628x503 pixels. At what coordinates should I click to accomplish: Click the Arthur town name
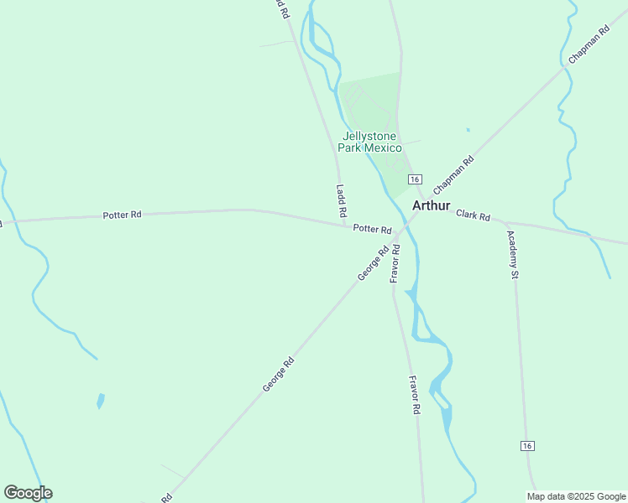(x=432, y=205)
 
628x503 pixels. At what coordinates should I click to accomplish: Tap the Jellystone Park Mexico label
(x=370, y=142)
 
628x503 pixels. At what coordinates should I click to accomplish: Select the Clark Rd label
(x=473, y=215)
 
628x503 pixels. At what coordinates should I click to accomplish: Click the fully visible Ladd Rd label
(x=342, y=201)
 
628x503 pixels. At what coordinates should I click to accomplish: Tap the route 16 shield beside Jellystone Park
(x=414, y=179)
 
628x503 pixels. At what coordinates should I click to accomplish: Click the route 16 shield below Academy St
(x=526, y=445)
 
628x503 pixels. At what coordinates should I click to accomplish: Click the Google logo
(x=28, y=493)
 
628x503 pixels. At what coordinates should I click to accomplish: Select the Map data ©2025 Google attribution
(x=576, y=496)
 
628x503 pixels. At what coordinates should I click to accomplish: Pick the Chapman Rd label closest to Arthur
(x=453, y=176)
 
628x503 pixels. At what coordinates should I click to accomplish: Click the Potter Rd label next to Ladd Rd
(x=372, y=229)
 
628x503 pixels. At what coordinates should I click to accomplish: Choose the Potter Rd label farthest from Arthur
(x=122, y=215)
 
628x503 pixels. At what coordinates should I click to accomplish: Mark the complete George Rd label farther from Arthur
(x=278, y=374)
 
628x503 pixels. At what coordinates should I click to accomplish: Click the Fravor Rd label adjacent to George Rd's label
(x=395, y=263)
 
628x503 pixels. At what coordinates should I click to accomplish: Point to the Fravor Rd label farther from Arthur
(x=413, y=396)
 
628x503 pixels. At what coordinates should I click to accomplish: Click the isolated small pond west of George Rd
(x=101, y=401)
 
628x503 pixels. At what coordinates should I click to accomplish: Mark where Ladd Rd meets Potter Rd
(x=348, y=224)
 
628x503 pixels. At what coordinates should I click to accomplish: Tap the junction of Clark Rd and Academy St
(x=507, y=224)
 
